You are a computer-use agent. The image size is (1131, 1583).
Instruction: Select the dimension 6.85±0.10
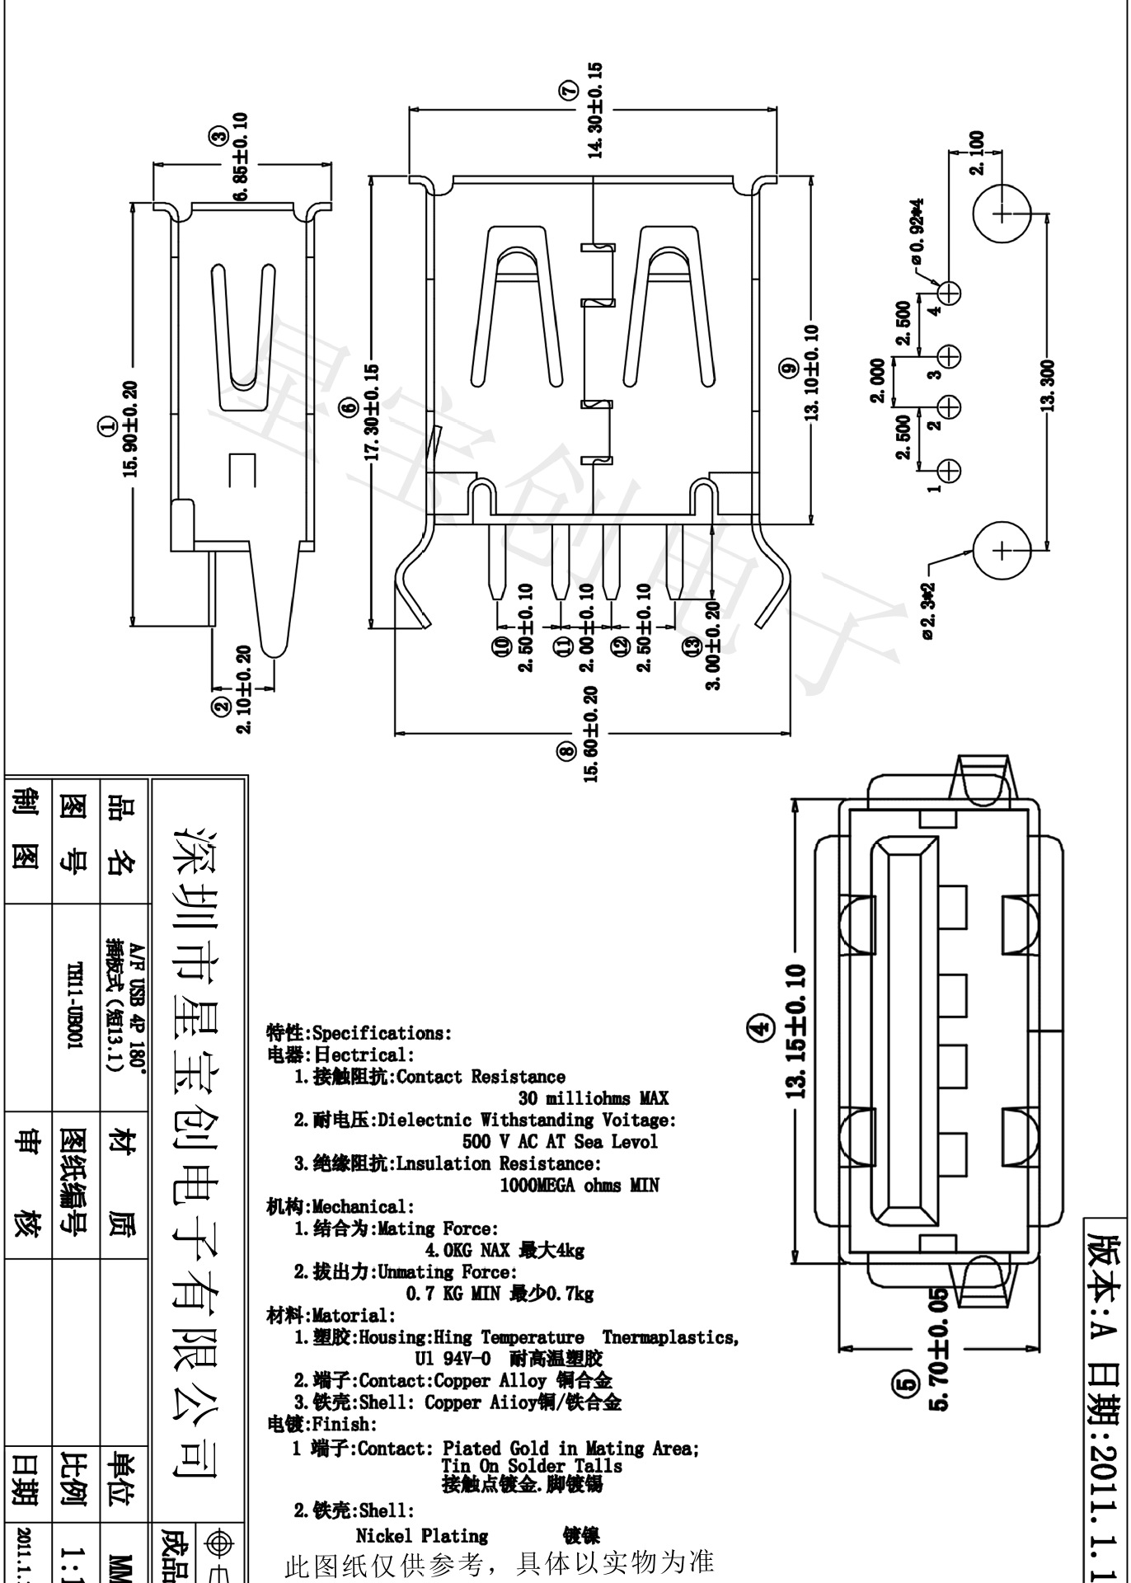241,157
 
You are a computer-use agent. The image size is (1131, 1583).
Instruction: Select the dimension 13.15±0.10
795,1031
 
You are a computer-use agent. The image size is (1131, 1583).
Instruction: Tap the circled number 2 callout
221,707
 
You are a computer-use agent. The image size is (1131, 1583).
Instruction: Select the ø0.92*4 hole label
917,232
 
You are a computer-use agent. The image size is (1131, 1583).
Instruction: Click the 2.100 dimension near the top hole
977,153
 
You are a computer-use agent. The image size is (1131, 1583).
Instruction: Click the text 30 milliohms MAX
593,1098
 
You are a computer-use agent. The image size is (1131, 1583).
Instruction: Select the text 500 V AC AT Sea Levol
560,1142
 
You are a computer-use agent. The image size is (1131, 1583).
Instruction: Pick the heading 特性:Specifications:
359,1033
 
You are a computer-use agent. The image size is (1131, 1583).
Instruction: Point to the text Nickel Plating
421,1536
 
